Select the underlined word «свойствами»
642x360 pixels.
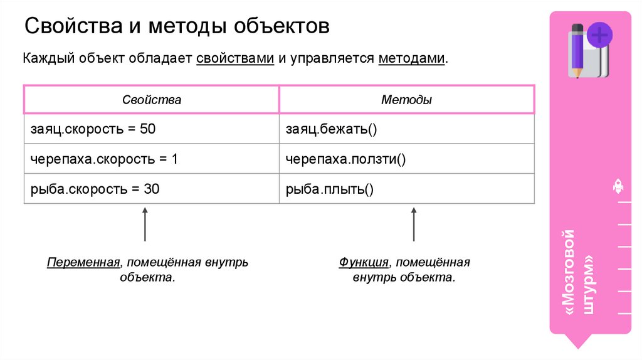pyautogui.click(x=235, y=59)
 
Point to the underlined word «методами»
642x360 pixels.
pyautogui.click(x=413, y=59)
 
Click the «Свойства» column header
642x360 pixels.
pyautogui.click(x=151, y=100)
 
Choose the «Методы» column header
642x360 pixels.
pyautogui.click(x=406, y=100)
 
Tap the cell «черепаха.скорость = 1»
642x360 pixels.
pyautogui.click(x=104, y=159)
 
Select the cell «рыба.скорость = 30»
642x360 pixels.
pyautogui.click(x=95, y=189)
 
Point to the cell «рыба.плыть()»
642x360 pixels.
pyautogui.click(x=330, y=189)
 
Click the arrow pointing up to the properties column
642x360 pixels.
pyautogui.click(x=145, y=226)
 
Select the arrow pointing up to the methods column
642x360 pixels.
pyautogui.click(x=414, y=226)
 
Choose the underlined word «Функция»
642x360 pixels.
pyautogui.click(x=363, y=262)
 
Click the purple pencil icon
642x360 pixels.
pyautogui.click(x=576, y=50)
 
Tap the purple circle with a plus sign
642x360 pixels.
pyautogui.click(x=599, y=35)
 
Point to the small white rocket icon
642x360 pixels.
pyautogui.click(x=617, y=186)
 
